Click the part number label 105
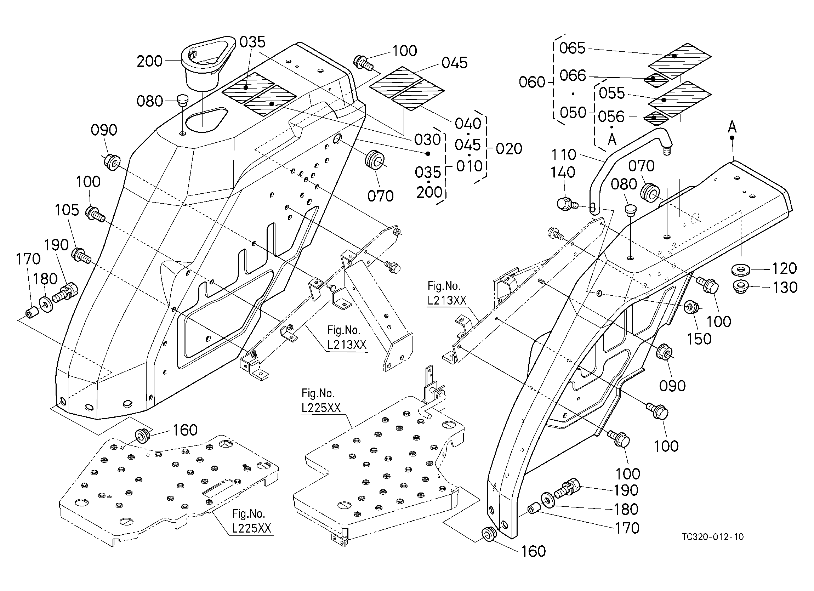tap(67, 210)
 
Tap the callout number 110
tap(563, 155)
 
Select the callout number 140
tap(563, 173)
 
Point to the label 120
tap(785, 268)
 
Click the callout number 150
tap(699, 339)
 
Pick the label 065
tap(573, 48)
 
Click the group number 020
tap(509, 149)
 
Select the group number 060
tap(532, 82)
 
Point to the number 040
tap(468, 124)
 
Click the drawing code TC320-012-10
tap(713, 537)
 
